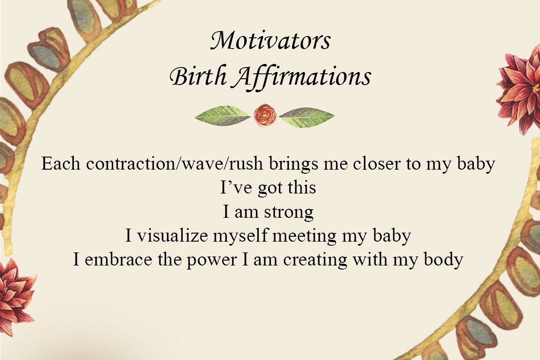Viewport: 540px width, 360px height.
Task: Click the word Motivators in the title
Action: (270, 40)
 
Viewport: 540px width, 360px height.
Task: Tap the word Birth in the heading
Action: (198, 76)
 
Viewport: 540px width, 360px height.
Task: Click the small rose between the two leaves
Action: (265, 115)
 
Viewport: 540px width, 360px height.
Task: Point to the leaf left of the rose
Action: (222, 116)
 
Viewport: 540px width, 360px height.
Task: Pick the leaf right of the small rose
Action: (306, 117)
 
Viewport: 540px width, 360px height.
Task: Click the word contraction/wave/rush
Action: (175, 163)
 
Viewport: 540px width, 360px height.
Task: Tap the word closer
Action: (377, 163)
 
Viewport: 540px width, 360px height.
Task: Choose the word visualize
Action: (173, 235)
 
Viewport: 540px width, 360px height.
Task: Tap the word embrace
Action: (118, 259)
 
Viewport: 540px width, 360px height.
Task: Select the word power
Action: (211, 261)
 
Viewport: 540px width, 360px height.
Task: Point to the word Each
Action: (61, 163)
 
